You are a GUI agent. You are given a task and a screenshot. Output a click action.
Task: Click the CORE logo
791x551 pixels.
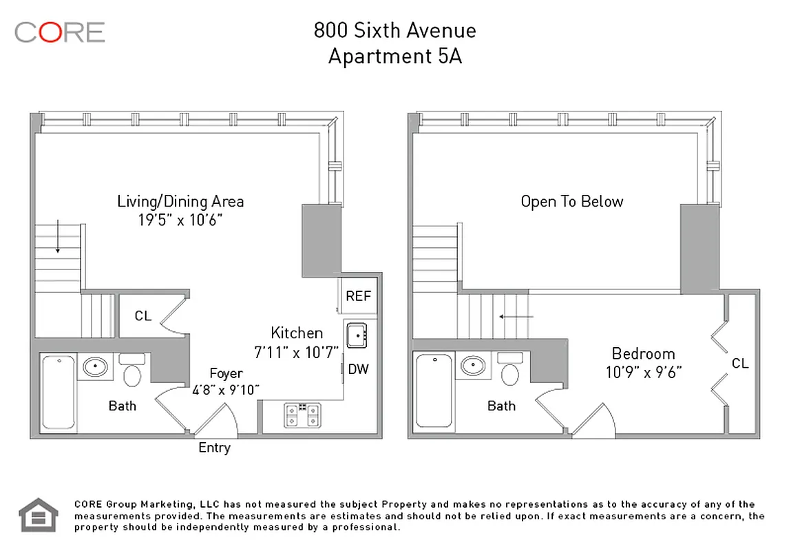pos(59,32)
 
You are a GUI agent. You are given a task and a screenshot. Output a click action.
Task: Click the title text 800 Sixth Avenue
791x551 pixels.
pos(394,30)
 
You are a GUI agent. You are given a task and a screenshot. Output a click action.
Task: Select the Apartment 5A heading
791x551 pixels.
pos(394,56)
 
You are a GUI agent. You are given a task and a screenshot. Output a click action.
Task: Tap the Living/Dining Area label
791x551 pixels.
pos(180,201)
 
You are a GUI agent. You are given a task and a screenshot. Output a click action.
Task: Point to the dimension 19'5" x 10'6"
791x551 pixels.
pos(180,220)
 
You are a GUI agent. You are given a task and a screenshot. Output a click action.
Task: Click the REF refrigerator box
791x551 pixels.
pos(358,296)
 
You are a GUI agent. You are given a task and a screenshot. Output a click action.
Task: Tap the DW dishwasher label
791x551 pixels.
pos(358,369)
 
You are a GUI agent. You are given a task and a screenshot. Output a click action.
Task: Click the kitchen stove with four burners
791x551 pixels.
pos(302,414)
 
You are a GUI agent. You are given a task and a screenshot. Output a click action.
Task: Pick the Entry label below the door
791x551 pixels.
pos(214,448)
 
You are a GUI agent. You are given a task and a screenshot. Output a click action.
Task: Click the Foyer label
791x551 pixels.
pos(226,373)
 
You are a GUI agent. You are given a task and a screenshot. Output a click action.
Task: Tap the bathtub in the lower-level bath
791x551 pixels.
pos(59,391)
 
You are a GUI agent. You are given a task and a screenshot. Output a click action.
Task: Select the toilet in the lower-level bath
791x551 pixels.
pos(131,371)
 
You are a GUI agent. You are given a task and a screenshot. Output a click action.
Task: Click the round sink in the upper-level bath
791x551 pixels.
pos(472,366)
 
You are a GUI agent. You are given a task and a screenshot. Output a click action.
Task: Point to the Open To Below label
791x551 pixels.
pos(571,201)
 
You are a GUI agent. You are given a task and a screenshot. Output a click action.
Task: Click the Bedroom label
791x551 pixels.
pos(643,353)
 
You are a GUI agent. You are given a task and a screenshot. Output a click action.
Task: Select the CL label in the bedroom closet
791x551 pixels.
pos(740,363)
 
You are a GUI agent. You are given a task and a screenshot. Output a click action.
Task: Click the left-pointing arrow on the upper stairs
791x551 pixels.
pos(516,317)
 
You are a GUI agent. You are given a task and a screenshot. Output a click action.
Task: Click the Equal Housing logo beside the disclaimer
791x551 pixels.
pos(38,515)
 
